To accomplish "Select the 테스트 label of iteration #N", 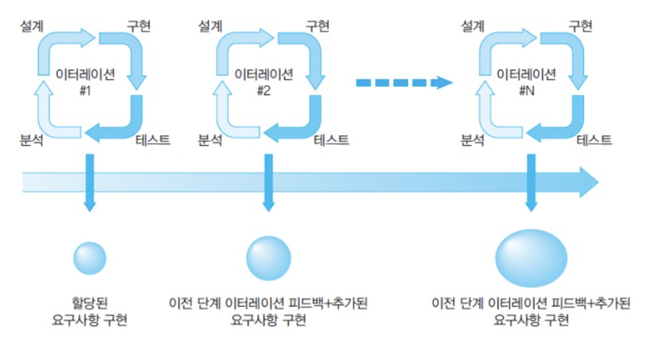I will [594, 140].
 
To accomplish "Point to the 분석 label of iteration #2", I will [209, 140].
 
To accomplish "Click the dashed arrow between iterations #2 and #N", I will [404, 83].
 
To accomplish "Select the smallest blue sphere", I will [90, 258].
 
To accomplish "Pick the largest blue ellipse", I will [532, 258].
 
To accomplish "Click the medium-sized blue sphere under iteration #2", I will [268, 258].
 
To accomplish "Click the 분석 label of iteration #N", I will [473, 140].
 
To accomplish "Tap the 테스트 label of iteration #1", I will [153, 140].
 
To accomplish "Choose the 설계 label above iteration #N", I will [473, 26].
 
